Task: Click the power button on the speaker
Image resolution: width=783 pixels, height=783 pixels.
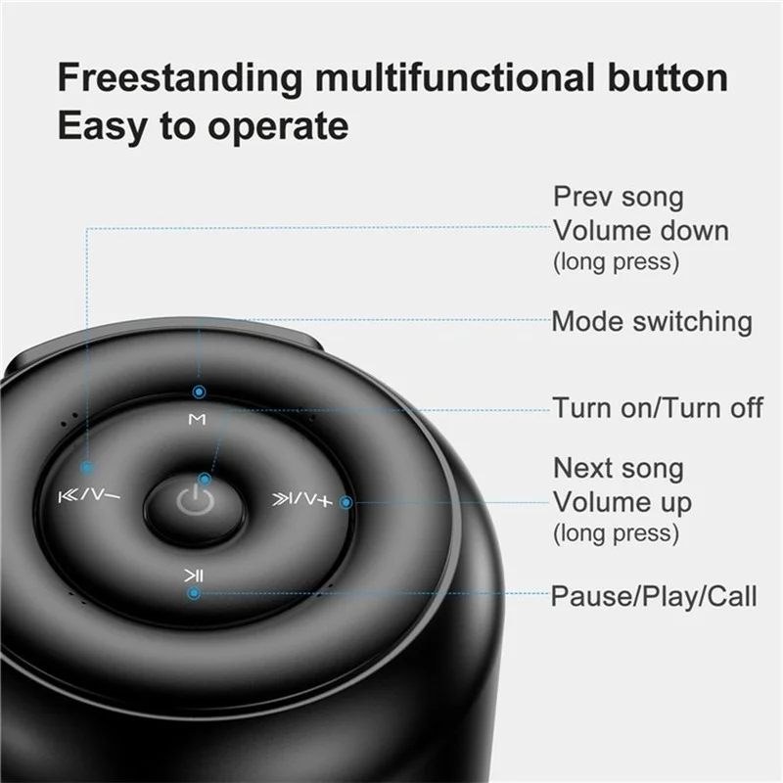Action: tap(195, 501)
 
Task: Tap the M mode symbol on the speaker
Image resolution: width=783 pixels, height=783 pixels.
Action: tap(198, 419)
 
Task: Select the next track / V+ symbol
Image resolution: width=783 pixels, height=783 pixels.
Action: tap(302, 498)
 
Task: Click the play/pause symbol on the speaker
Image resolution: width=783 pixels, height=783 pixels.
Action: tap(193, 576)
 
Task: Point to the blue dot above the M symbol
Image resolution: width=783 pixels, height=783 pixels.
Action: tap(200, 392)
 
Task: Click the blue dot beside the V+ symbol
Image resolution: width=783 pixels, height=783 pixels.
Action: tap(346, 502)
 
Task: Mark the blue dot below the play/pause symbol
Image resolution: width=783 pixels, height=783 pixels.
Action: tap(194, 593)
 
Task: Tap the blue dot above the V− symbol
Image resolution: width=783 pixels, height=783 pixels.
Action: tap(87, 468)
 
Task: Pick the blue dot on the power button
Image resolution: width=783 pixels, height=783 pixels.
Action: tap(205, 480)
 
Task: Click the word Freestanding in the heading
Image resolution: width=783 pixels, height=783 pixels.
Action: tap(180, 77)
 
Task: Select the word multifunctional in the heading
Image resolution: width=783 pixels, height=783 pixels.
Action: tap(454, 77)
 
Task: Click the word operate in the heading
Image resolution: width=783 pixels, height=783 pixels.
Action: tap(278, 127)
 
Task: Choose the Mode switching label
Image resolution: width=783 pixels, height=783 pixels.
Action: tap(652, 321)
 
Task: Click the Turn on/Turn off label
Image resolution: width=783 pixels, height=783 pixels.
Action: tap(658, 407)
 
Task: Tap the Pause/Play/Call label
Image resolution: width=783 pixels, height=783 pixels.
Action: tap(654, 596)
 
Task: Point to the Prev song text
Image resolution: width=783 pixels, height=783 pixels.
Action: tap(619, 197)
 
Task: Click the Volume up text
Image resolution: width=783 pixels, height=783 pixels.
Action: tap(622, 502)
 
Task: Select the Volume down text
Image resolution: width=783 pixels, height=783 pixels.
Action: tap(641, 231)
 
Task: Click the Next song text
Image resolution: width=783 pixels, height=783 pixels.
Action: tap(619, 469)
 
